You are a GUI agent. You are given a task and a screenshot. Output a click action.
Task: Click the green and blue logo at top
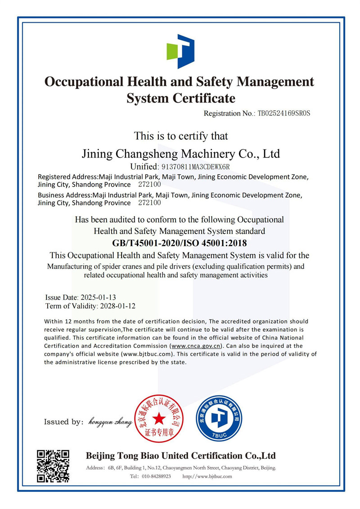(180, 51)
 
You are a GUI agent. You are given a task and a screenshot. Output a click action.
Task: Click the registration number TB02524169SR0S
(283, 113)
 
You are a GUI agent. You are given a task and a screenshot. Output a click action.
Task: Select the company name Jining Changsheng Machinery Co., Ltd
(180, 154)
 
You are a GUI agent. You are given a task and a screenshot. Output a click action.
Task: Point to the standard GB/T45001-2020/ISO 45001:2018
(180, 243)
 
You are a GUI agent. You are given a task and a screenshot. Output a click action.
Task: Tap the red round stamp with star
(158, 419)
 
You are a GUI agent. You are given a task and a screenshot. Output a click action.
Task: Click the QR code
(53, 466)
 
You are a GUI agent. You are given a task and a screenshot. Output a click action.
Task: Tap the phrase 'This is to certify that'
(180, 135)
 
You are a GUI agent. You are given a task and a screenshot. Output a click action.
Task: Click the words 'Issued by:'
(63, 422)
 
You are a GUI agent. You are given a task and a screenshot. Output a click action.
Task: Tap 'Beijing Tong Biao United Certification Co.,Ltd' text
(180, 455)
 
